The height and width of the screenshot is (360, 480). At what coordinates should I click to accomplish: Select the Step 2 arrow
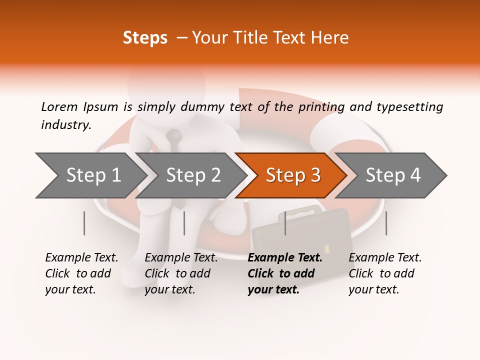click(x=192, y=175)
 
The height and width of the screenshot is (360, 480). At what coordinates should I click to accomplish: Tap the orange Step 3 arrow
click(x=292, y=175)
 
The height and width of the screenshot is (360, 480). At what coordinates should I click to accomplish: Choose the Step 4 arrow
click(x=392, y=175)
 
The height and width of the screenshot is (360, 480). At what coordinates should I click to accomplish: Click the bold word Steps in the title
click(x=145, y=38)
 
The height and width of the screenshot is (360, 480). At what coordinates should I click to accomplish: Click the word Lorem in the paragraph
click(x=58, y=106)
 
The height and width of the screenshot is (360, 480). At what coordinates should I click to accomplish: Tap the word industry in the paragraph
click(x=65, y=125)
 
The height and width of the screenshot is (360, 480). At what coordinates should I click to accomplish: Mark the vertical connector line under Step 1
click(x=84, y=223)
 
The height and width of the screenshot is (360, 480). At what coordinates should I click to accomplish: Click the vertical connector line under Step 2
click(x=184, y=223)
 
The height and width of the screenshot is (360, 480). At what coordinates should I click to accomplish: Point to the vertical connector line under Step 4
click(x=386, y=223)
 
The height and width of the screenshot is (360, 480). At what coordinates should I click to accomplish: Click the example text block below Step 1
click(x=81, y=273)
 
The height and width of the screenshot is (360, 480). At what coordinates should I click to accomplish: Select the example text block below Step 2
click(x=181, y=273)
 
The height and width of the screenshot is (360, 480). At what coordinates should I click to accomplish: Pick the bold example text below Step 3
click(x=285, y=273)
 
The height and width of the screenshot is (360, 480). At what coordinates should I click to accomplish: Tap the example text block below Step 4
click(x=385, y=273)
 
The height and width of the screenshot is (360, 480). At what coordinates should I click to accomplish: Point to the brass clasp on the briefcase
click(x=328, y=247)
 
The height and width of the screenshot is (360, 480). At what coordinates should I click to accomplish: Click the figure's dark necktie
click(x=173, y=139)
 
